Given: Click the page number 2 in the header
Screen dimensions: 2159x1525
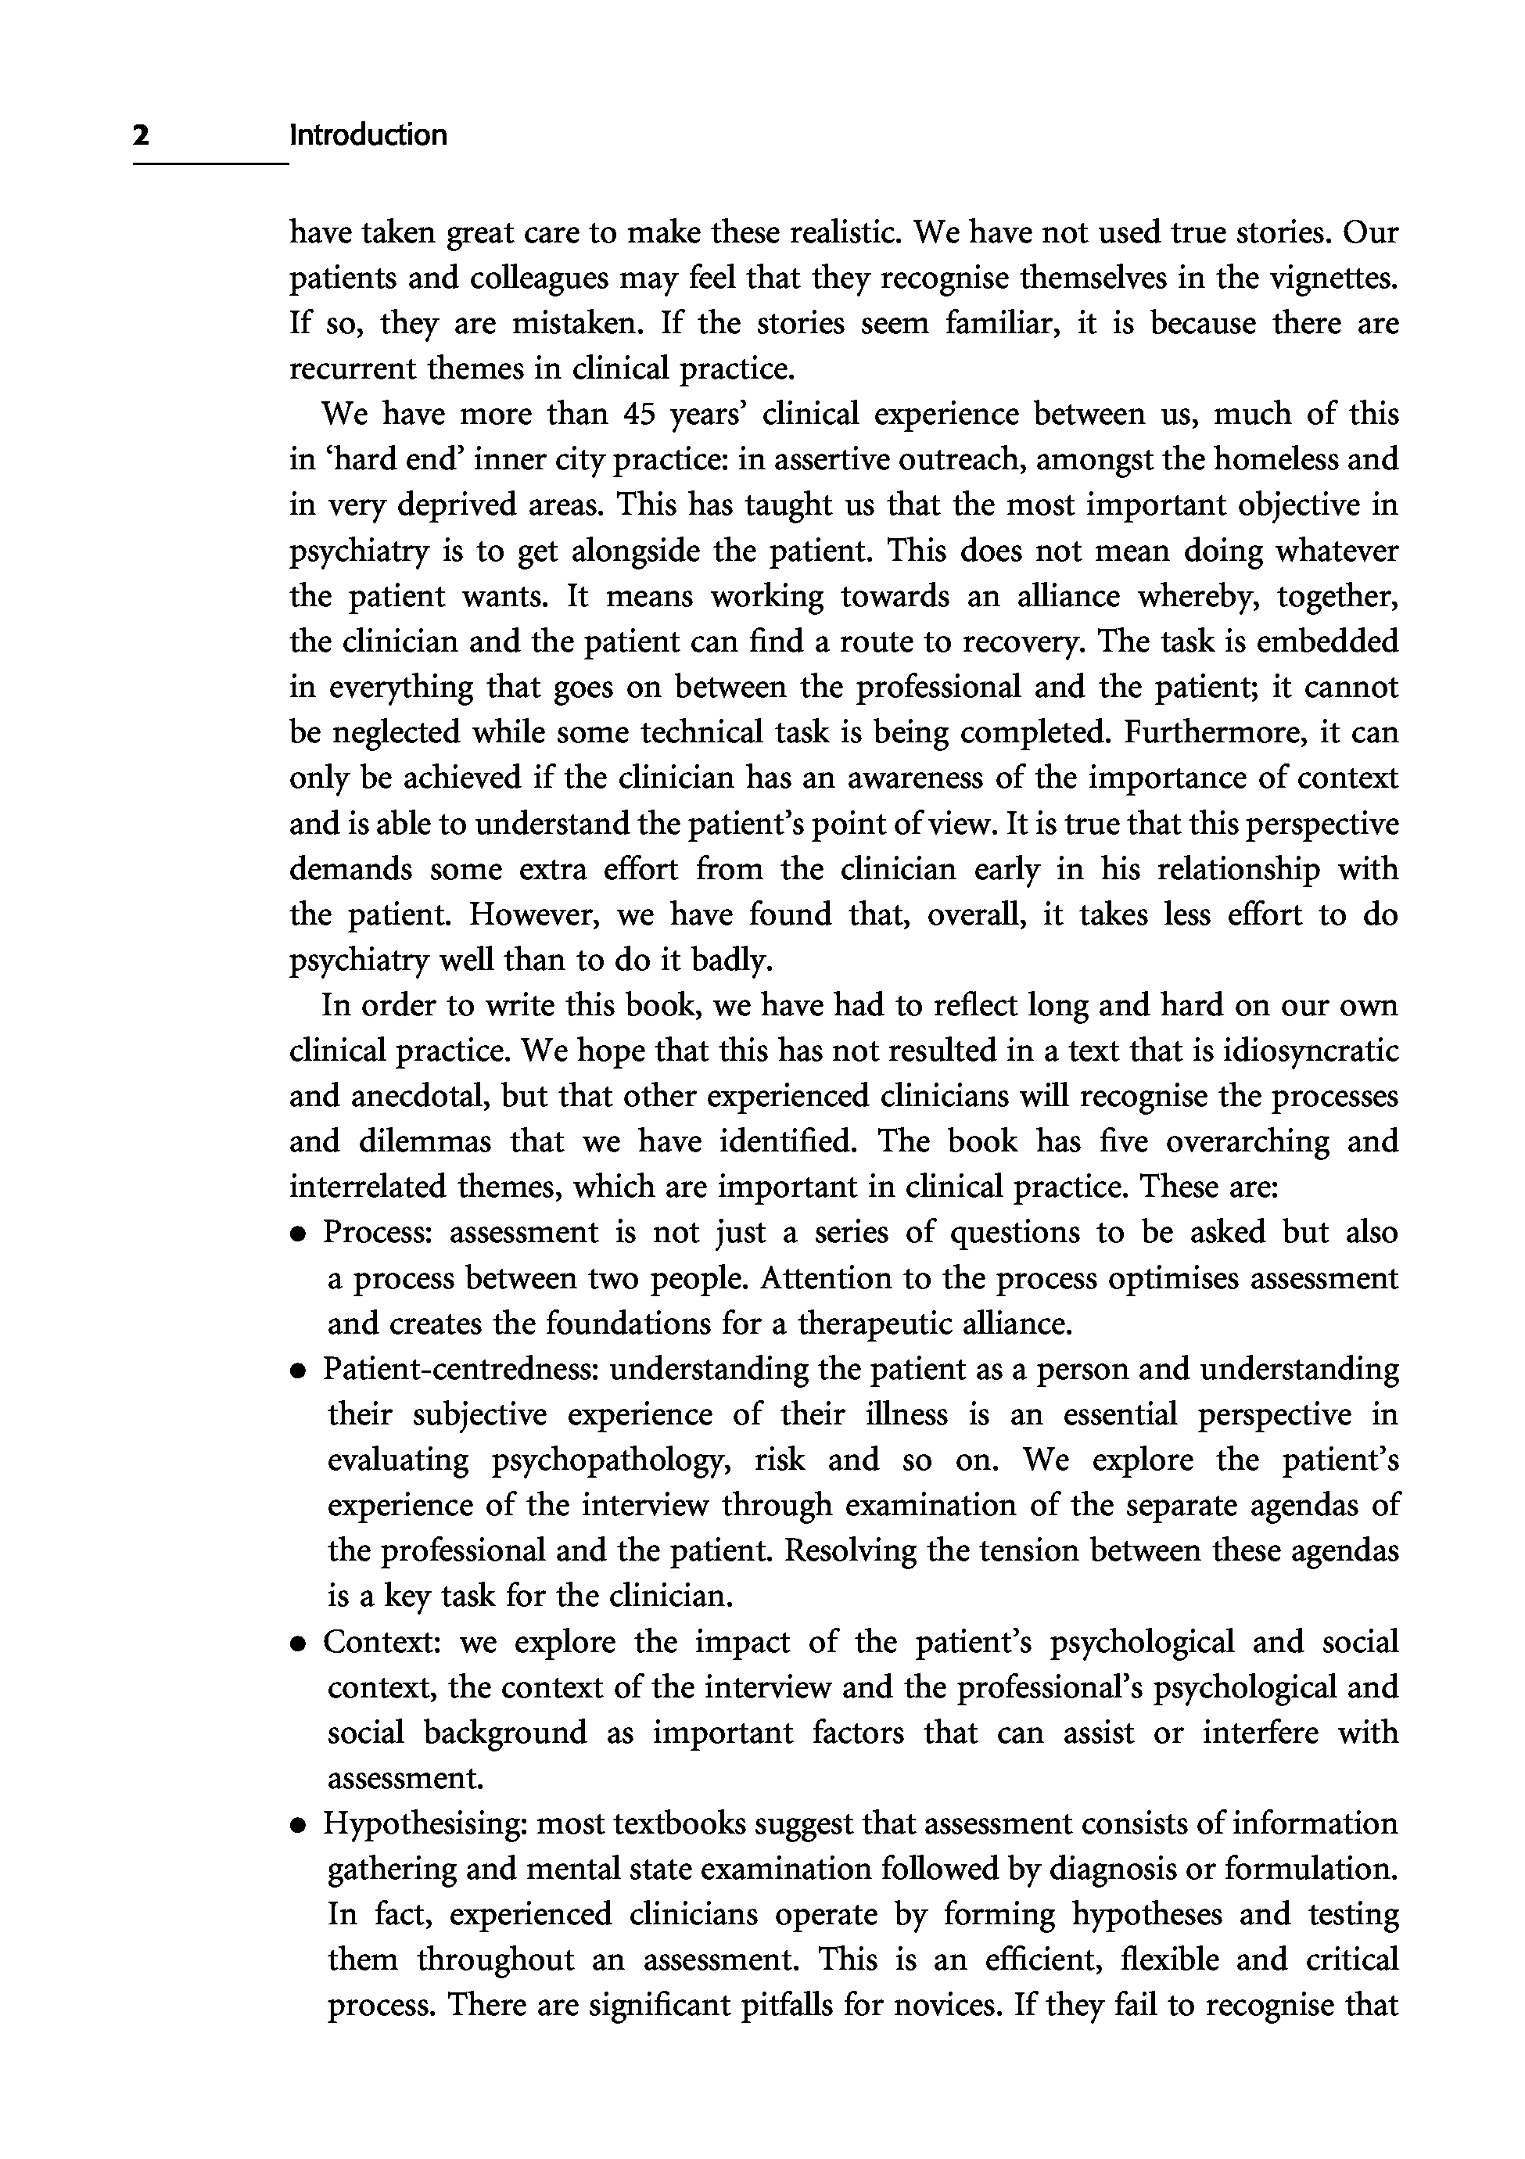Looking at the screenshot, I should (141, 135).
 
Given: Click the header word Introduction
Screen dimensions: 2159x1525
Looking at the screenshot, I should (368, 135).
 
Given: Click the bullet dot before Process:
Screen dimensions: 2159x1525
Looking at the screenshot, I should (298, 1234).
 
